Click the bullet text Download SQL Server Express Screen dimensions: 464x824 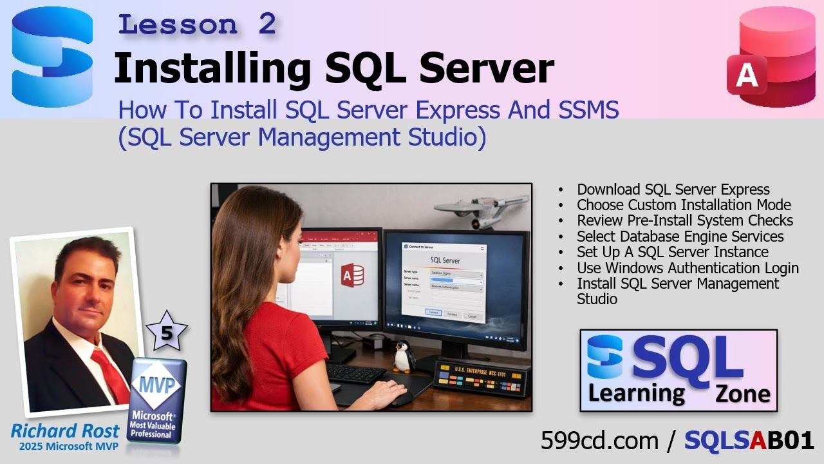coord(673,189)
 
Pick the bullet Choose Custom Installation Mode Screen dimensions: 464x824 coord(684,205)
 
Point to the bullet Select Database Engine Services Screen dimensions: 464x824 coord(680,237)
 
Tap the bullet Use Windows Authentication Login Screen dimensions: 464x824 coord(688,268)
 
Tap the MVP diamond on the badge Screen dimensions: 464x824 coord(158,384)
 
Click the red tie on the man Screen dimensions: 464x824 coord(111,374)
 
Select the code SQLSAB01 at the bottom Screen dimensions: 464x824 coord(749,441)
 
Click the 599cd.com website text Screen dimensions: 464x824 coord(599,441)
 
